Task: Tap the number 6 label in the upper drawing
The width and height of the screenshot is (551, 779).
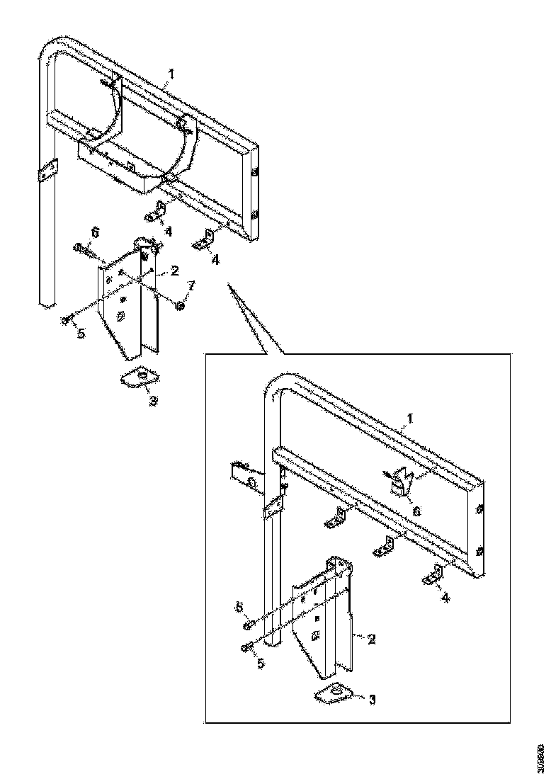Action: [95, 233]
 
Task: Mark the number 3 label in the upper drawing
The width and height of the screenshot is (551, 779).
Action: [152, 400]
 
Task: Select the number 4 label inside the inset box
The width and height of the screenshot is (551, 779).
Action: [444, 598]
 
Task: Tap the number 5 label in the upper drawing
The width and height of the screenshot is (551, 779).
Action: [81, 333]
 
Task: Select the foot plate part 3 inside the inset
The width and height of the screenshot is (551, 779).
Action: [336, 693]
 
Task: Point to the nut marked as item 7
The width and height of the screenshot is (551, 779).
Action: [180, 305]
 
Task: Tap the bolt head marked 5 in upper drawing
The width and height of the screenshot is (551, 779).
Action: [66, 321]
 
